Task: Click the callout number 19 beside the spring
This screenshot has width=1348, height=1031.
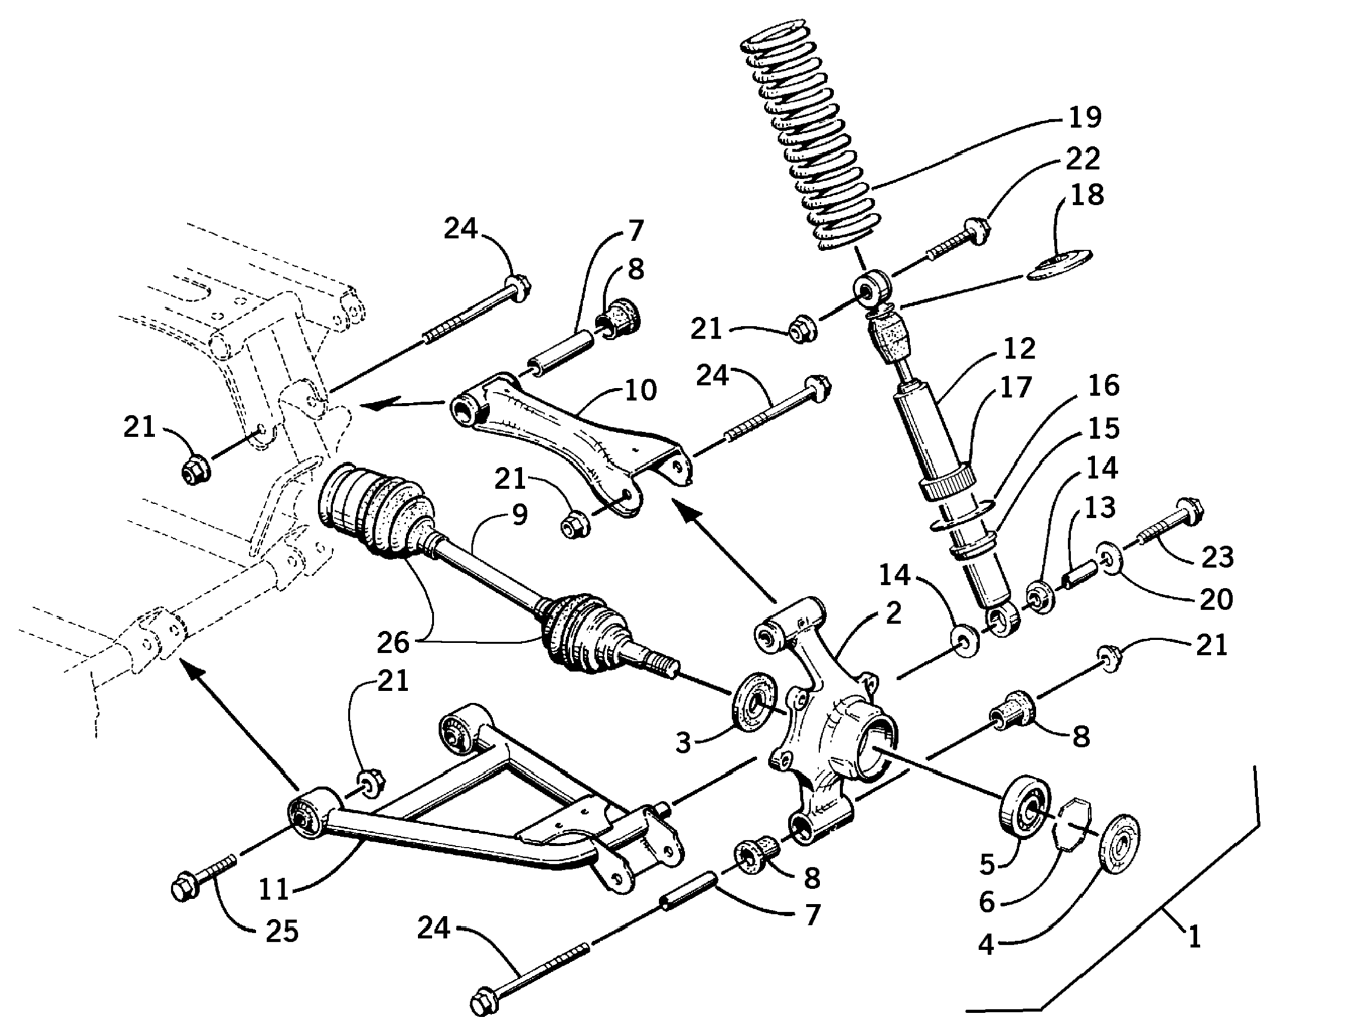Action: pos(1084,117)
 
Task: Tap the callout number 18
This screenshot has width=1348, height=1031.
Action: pos(1087,195)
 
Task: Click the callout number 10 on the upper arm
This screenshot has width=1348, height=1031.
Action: pos(641,390)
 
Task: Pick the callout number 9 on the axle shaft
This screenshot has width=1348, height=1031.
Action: pos(519,514)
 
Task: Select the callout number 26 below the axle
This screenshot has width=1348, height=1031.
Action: pos(392,642)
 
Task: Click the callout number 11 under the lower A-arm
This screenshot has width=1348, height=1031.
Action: pos(273,888)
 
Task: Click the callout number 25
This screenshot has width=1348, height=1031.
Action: pos(282,931)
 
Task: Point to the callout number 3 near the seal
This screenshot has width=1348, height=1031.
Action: pos(683,743)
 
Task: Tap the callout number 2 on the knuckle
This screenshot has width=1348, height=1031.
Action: pos(893,613)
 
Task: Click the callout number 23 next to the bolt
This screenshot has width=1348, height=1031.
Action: pos(1217,557)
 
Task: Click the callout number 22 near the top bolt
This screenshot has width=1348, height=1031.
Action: pos(1083,158)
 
